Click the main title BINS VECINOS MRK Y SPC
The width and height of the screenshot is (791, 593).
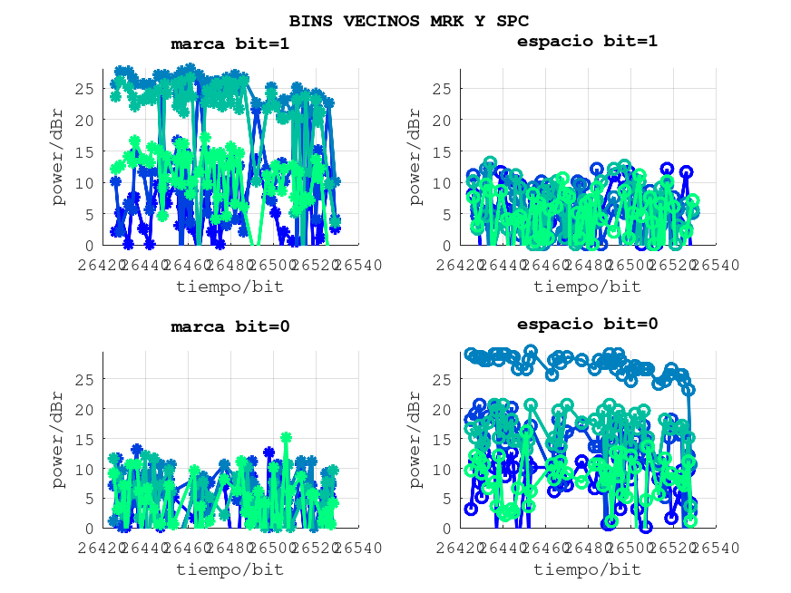tap(409, 20)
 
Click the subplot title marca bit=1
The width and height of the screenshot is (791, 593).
tap(230, 44)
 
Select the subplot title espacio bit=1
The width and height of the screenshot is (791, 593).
tap(587, 41)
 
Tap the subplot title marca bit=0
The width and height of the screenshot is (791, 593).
tap(230, 326)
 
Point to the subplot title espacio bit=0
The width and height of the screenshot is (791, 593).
tap(587, 324)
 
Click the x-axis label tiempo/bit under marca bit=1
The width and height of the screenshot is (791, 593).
tap(229, 287)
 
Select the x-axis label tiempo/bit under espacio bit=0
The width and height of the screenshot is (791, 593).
tap(587, 569)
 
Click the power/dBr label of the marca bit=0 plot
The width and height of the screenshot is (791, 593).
tap(59, 439)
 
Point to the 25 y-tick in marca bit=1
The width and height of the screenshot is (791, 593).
tap(84, 89)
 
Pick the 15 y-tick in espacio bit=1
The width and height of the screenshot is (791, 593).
tap(441, 151)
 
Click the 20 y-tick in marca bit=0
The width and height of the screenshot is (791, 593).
tap(84, 409)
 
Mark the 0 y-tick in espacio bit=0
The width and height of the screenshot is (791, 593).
tap(445, 529)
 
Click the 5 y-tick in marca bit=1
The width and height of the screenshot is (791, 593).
tap(89, 214)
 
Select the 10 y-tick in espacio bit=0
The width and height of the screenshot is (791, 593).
tap(441, 469)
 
